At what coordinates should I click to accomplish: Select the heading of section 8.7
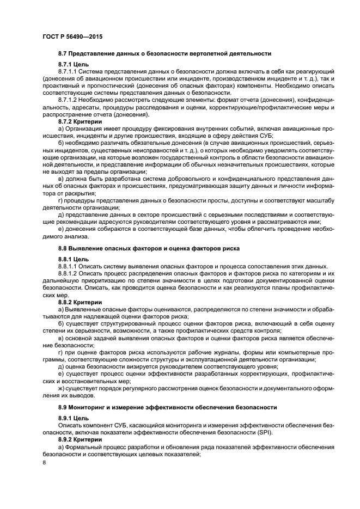(164, 53)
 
